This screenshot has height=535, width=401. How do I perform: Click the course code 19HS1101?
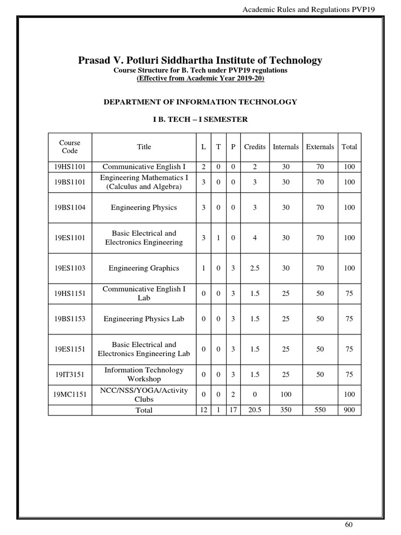[x=69, y=167]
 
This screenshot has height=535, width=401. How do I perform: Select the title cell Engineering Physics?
[x=144, y=207]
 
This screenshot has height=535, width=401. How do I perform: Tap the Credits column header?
[x=254, y=147]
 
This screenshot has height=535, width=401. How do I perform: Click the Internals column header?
[x=286, y=147]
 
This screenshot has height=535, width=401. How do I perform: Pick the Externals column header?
[x=320, y=147]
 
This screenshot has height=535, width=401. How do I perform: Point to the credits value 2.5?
[x=254, y=268]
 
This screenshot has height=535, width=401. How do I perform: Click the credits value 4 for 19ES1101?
[x=254, y=238]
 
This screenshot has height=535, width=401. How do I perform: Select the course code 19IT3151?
[x=69, y=375]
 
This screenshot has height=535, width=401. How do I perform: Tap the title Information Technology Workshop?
[x=144, y=375]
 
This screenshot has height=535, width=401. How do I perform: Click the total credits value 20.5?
[x=254, y=410]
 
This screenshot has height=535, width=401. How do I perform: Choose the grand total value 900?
[x=349, y=410]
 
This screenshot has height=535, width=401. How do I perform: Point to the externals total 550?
[x=320, y=410]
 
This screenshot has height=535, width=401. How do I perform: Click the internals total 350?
[x=286, y=410]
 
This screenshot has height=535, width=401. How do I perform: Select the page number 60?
[x=349, y=525]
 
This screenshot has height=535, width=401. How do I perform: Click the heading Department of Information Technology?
[x=200, y=102]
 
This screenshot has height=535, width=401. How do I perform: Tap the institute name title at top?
[x=200, y=60]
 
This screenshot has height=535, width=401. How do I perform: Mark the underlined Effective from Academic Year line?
[x=200, y=78]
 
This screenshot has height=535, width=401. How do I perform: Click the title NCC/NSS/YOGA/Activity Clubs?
[x=144, y=395]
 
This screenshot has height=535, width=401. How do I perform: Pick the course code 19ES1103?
[x=69, y=268]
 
